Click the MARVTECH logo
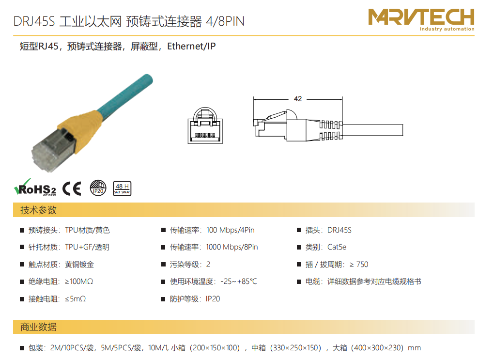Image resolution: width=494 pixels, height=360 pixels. pyautogui.click(x=421, y=19)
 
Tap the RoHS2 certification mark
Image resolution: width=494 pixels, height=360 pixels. pyautogui.click(x=35, y=187)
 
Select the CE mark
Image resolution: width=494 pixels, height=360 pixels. pyautogui.click(x=72, y=188)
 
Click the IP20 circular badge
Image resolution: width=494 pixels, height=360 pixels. pyautogui.click(x=98, y=188)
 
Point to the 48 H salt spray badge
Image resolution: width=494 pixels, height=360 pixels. pyautogui.click(x=122, y=188)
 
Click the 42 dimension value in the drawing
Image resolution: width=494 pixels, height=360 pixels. pyautogui.click(x=298, y=99)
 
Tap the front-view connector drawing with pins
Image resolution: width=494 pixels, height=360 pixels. pyautogui.click(x=205, y=125)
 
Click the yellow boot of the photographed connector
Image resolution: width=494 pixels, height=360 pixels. pyautogui.click(x=81, y=130)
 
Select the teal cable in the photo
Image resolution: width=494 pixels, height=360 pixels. pyautogui.click(x=126, y=95)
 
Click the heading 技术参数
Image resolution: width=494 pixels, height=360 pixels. pyautogui.click(x=38, y=210)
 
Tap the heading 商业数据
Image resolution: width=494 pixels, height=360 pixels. pyautogui.click(x=38, y=327)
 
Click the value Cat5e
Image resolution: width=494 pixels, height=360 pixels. pyautogui.click(x=337, y=247)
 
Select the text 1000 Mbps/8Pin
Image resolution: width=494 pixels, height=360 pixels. pyautogui.click(x=232, y=247)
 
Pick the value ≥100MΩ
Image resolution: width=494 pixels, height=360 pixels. pyautogui.click(x=79, y=282)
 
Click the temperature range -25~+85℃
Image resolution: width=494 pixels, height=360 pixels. pyautogui.click(x=239, y=282)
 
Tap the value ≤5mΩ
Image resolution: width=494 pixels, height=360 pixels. pyautogui.click(x=75, y=299)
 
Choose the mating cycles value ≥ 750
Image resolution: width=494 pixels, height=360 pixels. pyautogui.click(x=359, y=265)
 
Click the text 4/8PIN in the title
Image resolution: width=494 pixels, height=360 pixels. pyautogui.click(x=225, y=21)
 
